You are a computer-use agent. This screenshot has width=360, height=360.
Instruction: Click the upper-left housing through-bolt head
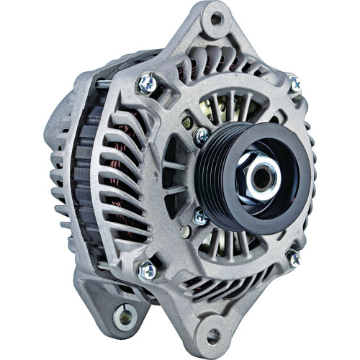tap(146, 84)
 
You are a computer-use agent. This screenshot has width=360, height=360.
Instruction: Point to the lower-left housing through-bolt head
tap(146, 270)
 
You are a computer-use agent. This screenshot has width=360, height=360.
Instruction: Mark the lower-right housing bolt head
tap(293, 258)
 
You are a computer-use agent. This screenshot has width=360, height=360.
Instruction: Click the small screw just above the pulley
tap(202, 135)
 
